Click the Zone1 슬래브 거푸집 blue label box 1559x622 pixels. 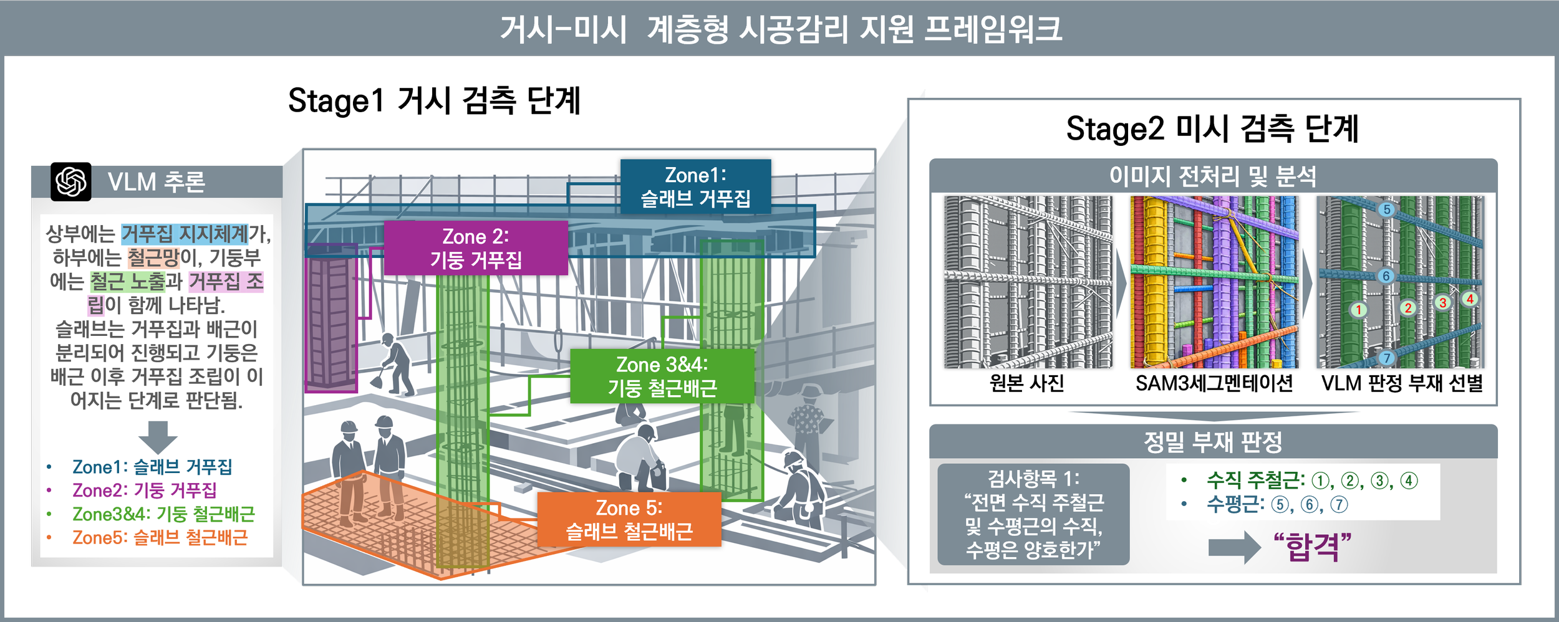click(695, 186)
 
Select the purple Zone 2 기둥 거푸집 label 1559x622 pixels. click(476, 247)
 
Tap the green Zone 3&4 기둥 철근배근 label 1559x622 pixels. click(662, 376)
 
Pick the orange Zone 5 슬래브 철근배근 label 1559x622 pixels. click(629, 519)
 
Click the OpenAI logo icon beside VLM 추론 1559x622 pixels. click(71, 182)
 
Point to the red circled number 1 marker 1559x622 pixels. click(1358, 310)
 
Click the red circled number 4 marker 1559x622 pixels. click(1470, 299)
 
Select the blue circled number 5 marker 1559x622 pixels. click(1386, 209)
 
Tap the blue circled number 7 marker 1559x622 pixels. click(1386, 358)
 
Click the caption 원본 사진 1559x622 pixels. click(1027, 383)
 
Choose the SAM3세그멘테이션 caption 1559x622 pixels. click(1214, 383)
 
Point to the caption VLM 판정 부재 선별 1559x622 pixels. click(1402, 383)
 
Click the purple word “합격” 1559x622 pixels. click(1313, 547)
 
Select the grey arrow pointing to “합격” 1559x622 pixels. click(1234, 547)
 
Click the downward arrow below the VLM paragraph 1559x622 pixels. click(158, 436)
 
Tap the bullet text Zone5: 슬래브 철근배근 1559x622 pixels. click(160, 537)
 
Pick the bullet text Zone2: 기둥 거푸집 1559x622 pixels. click(144, 490)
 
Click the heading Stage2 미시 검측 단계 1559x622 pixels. click(1212, 129)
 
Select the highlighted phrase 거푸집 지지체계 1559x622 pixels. click(185, 234)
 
